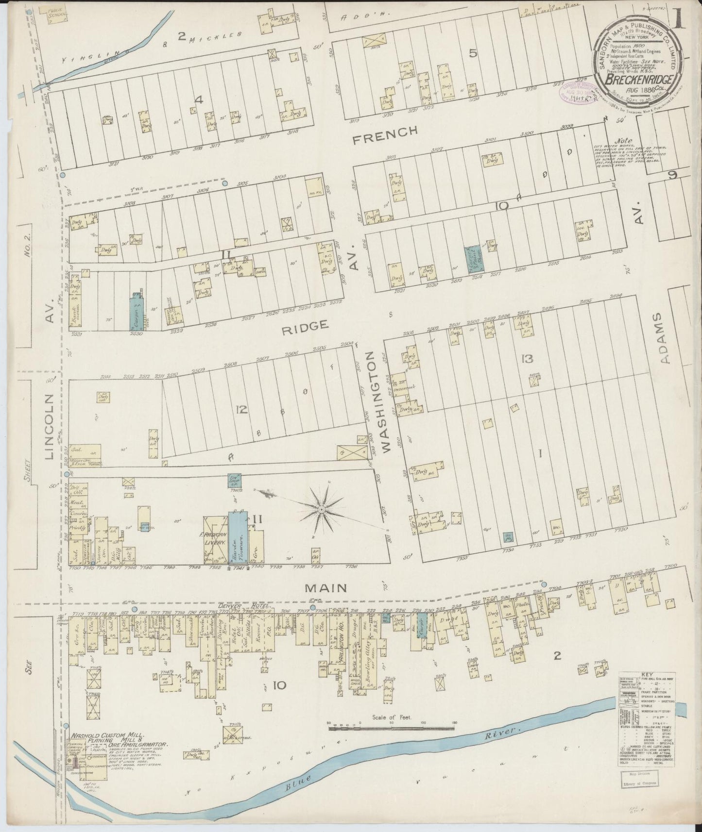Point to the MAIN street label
(325, 588)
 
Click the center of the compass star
(321, 509)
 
